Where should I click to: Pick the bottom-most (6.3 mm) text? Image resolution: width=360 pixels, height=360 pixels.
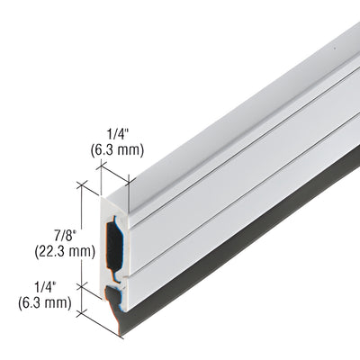click(x=42, y=302)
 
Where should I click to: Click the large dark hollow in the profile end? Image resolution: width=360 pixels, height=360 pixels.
click(x=113, y=238)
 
